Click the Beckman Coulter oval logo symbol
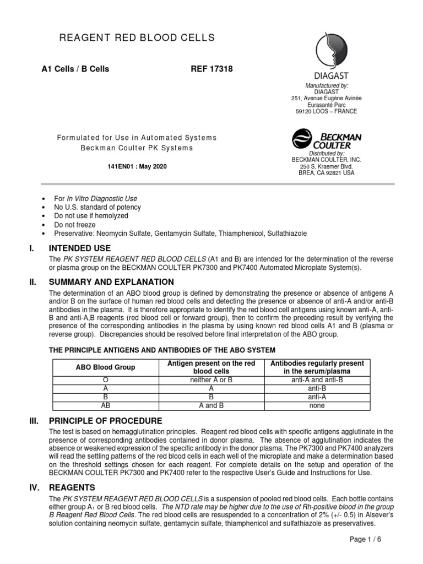click(x=301, y=139)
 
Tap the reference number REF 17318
click(x=211, y=69)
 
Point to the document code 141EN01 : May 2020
click(x=137, y=166)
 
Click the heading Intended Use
click(x=80, y=248)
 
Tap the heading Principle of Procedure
click(x=105, y=421)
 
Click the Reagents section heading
click(x=72, y=487)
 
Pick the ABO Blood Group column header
click(x=105, y=367)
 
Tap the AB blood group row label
click(x=105, y=406)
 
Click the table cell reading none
click(x=317, y=406)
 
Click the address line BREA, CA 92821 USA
click(x=327, y=173)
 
